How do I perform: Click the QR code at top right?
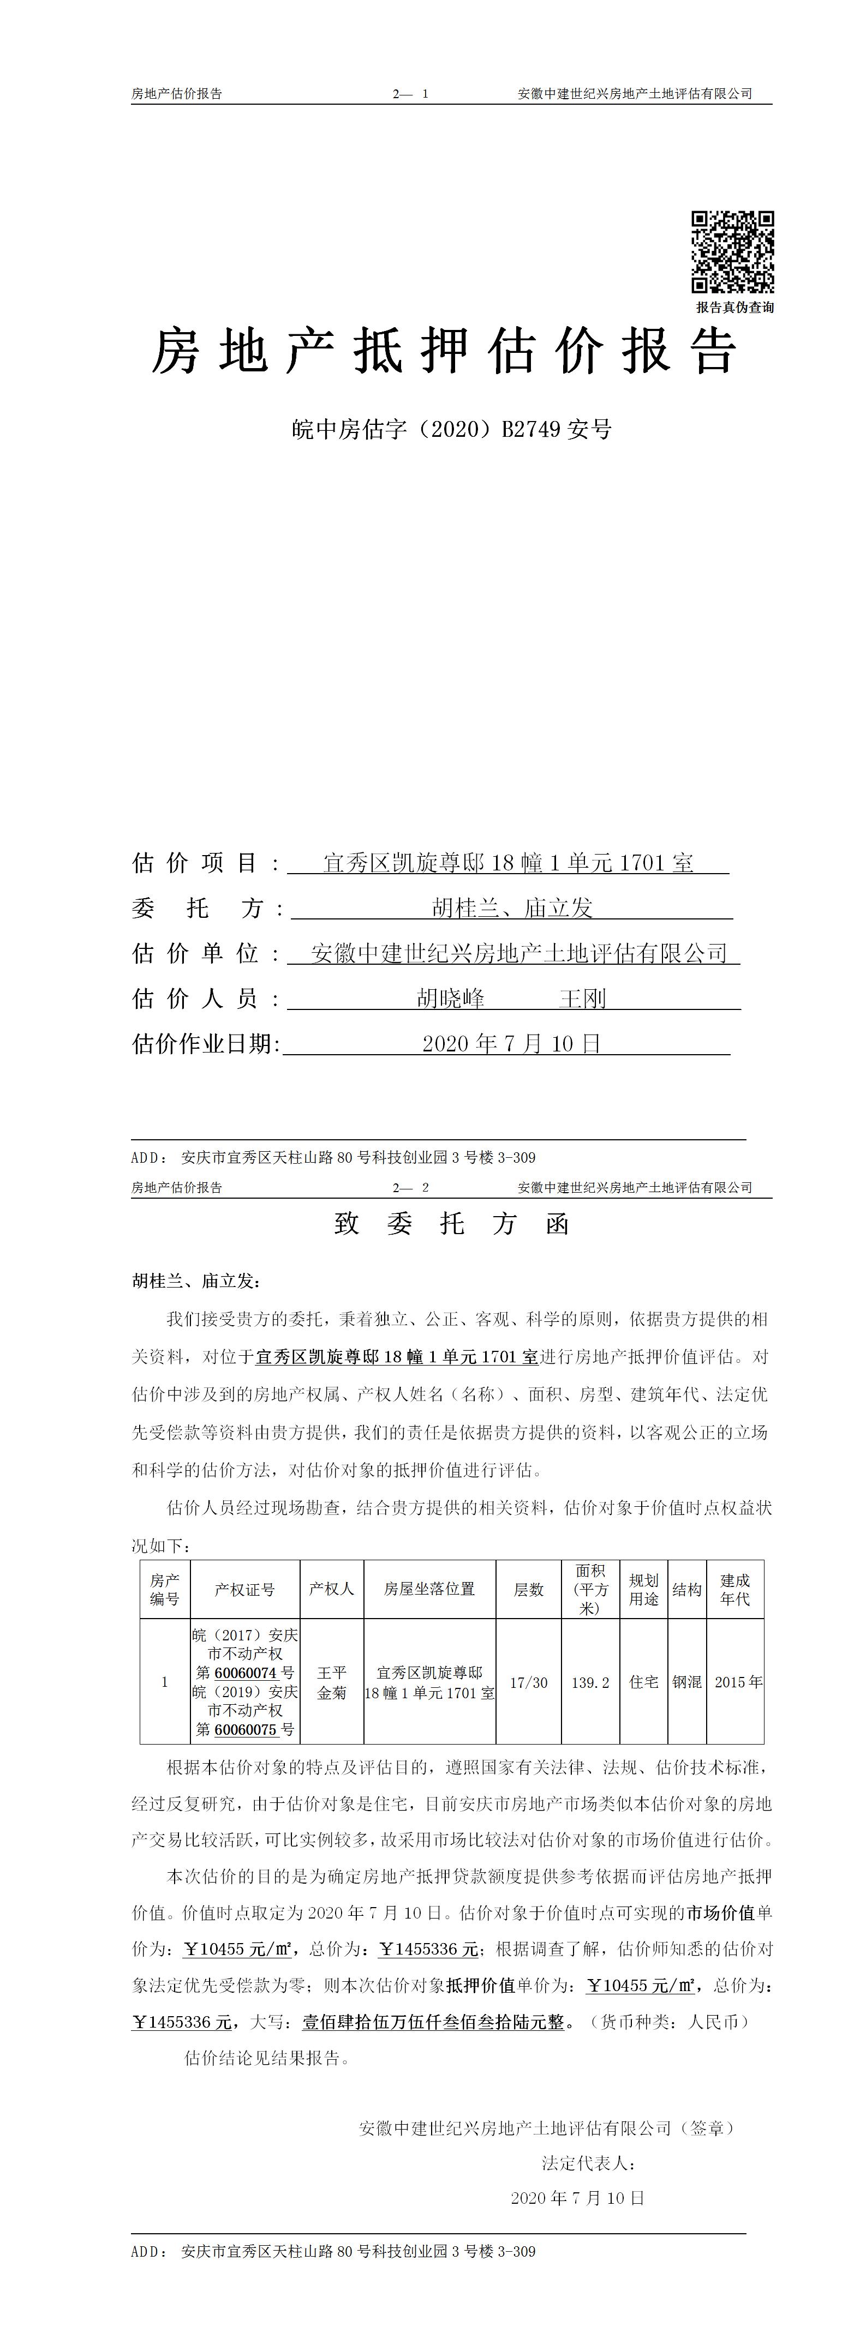pos(732,251)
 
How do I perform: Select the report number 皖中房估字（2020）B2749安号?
pos(452,429)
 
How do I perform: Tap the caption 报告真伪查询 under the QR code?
pos(735,308)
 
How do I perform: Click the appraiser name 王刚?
pos(583,999)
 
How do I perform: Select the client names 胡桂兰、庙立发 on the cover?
pos(512,907)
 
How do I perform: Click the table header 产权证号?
pos(244,1590)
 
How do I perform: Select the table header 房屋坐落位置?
pos(430,1590)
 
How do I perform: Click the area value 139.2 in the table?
pos(590,1683)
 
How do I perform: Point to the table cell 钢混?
pos(686,1683)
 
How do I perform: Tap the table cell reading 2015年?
pos(738,1683)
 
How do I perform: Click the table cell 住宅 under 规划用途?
pos(644,1683)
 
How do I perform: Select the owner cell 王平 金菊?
pos(331,1683)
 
